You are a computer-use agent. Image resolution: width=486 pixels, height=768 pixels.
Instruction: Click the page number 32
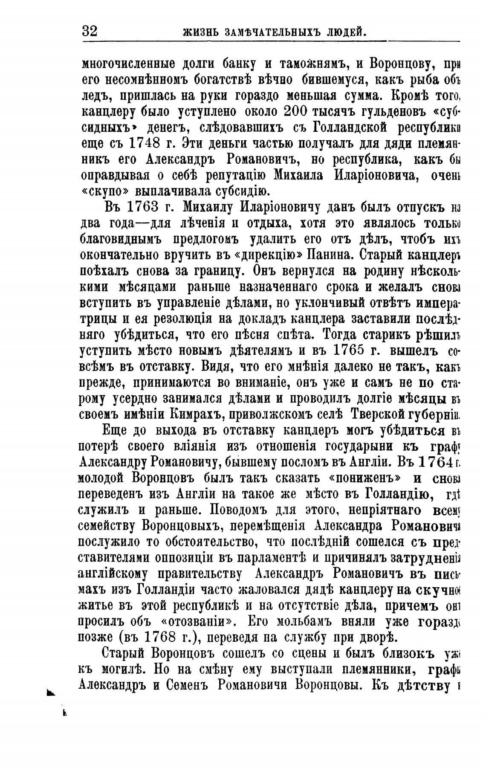pyautogui.click(x=90, y=31)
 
